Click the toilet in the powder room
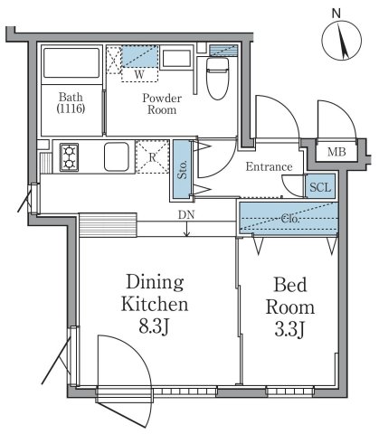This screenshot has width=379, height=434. [218, 79]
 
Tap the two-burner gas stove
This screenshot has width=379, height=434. [70, 157]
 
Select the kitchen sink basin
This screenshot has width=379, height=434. [117, 157]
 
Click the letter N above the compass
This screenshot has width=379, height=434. [336, 14]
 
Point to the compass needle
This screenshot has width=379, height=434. [343, 42]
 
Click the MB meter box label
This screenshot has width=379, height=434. [336, 152]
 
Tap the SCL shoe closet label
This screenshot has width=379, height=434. [320, 187]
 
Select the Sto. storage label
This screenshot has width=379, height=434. [182, 169]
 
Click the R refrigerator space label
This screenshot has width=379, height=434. [153, 157]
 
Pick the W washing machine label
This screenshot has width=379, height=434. [139, 74]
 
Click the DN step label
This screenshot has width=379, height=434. [186, 215]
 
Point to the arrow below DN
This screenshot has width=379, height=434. [187, 229]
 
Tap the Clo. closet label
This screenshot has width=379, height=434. [290, 219]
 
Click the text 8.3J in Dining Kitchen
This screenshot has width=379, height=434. [154, 326]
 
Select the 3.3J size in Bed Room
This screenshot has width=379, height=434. [289, 329]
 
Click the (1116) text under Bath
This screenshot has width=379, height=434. [71, 108]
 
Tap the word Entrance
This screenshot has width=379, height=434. [269, 166]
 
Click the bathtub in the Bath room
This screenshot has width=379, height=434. [71, 62]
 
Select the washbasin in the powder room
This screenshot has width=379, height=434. [176, 59]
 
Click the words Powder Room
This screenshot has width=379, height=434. [162, 104]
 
